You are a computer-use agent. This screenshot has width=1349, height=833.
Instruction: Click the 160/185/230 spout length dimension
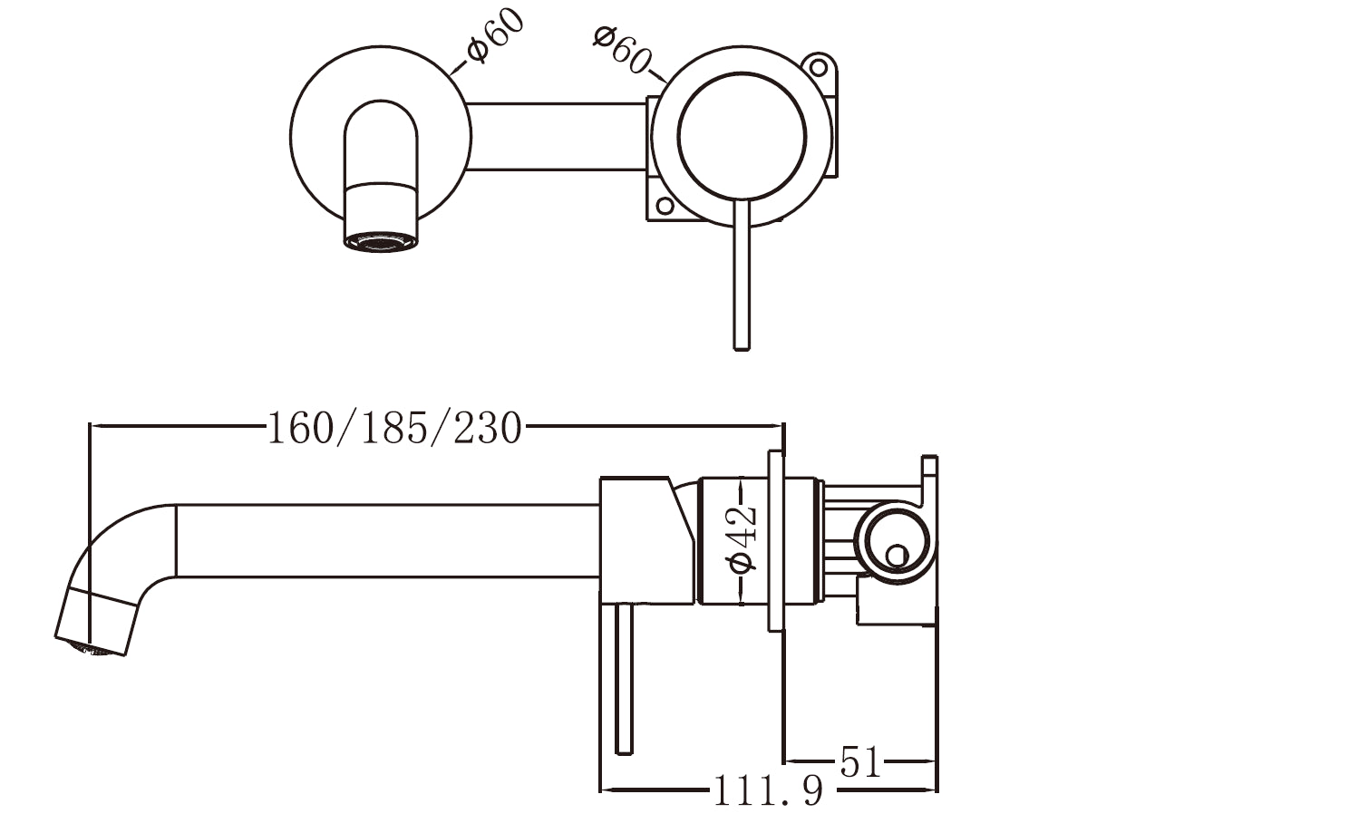(x=394, y=427)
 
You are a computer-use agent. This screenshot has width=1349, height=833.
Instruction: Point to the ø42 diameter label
(x=742, y=539)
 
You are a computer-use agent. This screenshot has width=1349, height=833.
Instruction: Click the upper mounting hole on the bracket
(x=818, y=68)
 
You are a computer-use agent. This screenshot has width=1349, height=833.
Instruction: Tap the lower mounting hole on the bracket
(x=665, y=206)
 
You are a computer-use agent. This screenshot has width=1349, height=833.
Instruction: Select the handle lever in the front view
(x=742, y=281)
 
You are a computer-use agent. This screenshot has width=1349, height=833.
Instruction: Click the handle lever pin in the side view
(x=623, y=680)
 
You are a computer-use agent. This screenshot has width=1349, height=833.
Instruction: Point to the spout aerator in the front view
(x=381, y=242)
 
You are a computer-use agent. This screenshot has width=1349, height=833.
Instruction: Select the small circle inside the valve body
(x=896, y=555)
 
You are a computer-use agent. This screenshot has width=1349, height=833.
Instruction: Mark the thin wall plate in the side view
(x=777, y=540)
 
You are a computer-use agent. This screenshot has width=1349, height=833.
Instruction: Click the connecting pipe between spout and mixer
(x=558, y=136)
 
